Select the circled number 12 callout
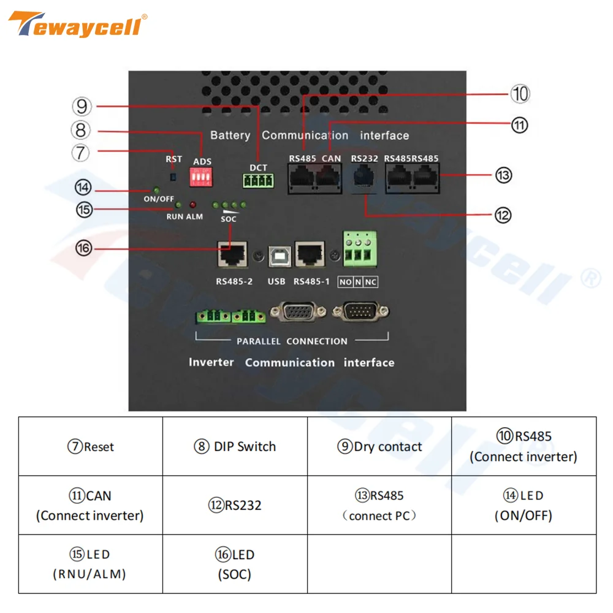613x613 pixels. coord(503,215)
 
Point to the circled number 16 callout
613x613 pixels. coord(83,248)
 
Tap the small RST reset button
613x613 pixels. coord(173,177)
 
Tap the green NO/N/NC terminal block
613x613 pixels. coord(358,252)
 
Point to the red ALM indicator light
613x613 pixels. coord(192,205)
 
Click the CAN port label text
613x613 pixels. coord(331,159)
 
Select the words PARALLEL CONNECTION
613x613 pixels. coord(292,341)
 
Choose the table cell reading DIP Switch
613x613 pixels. coord(235,446)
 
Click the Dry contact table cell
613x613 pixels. coord(379,446)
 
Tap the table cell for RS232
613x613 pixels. coord(235,505)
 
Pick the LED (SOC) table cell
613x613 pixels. coord(235,564)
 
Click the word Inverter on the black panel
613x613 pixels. coord(211,362)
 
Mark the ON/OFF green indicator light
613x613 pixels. coord(156,191)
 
